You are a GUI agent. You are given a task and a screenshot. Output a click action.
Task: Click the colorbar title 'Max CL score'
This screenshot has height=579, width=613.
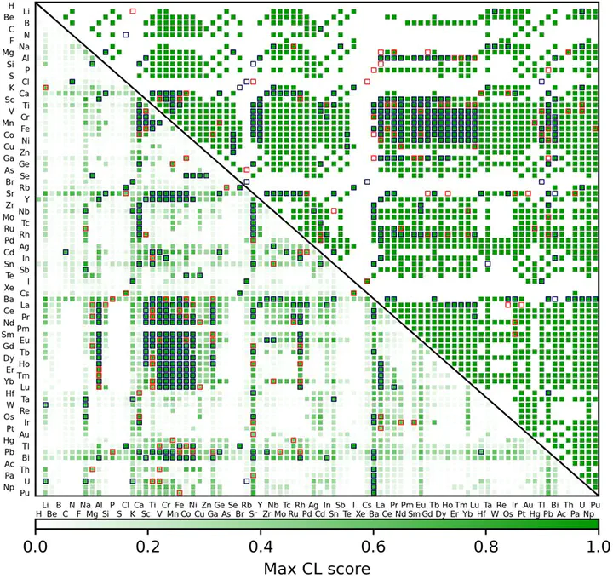(x=318, y=567)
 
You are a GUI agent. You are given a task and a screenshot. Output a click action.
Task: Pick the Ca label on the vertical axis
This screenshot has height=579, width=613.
(x=26, y=93)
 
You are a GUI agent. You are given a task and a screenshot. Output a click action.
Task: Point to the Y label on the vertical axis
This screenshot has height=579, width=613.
(x=26, y=198)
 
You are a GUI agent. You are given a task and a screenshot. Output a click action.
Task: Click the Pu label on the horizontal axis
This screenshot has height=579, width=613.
(x=595, y=506)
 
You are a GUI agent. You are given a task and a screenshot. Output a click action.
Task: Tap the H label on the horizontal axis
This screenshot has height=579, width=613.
(x=39, y=514)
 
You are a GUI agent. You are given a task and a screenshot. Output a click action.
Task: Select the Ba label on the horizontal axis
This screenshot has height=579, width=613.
(x=372, y=514)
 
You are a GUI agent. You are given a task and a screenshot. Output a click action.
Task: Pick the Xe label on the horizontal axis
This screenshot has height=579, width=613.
(x=361, y=514)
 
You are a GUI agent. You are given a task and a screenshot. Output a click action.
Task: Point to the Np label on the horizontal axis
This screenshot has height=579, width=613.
(x=589, y=514)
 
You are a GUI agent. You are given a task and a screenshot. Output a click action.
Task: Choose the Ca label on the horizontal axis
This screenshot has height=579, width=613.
(x=139, y=506)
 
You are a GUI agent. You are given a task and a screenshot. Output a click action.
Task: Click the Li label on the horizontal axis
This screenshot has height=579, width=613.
(x=44, y=506)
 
